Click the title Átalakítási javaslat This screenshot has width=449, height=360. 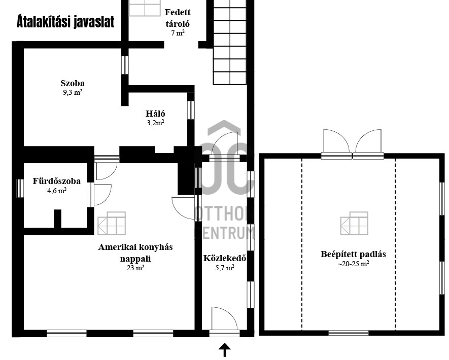pyautogui.click(x=65, y=22)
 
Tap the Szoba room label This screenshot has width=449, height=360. pyautogui.click(x=73, y=83)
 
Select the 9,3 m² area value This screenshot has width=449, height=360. pyautogui.click(x=73, y=92)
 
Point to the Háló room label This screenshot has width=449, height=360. pyautogui.click(x=155, y=114)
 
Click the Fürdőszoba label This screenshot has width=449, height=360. pyautogui.click(x=57, y=181)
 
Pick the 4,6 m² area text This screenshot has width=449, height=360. pyautogui.click(x=57, y=191)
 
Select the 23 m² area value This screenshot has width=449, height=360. pyautogui.click(x=135, y=268)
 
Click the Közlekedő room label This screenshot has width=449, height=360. pyautogui.click(x=225, y=258)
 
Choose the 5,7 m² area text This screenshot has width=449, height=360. pyautogui.click(x=225, y=268)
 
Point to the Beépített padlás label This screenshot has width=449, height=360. pyautogui.click(x=353, y=254)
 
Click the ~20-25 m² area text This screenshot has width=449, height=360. pyautogui.click(x=353, y=264)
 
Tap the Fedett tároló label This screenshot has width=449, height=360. pyautogui.click(x=178, y=18)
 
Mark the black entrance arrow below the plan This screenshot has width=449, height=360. pyautogui.click(x=225, y=350)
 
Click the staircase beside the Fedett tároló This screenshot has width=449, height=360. pyautogui.click(x=230, y=43)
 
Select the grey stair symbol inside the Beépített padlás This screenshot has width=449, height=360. pyautogui.click(x=354, y=224)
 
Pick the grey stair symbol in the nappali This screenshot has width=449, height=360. pyautogui.click(x=112, y=224)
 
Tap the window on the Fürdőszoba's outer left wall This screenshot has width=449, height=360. pyautogui.click(x=20, y=188)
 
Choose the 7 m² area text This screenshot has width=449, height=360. pyautogui.click(x=178, y=33)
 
